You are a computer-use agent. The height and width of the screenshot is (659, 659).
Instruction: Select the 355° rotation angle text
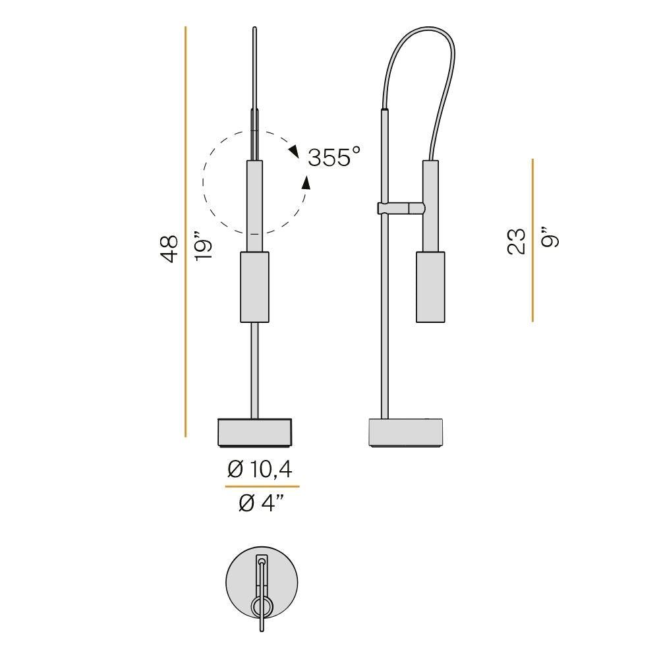[334, 158]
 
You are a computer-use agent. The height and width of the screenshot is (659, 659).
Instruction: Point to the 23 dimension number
[517, 241]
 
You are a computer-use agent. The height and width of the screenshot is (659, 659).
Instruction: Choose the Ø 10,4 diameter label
[260, 469]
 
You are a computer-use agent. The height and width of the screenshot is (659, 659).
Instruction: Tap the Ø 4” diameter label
[262, 503]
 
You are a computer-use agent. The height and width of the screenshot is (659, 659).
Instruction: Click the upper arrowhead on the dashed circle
[293, 151]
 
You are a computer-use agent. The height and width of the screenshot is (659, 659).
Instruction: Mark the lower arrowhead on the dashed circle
[306, 183]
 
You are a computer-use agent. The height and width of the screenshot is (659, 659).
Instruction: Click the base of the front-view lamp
[254, 432]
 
